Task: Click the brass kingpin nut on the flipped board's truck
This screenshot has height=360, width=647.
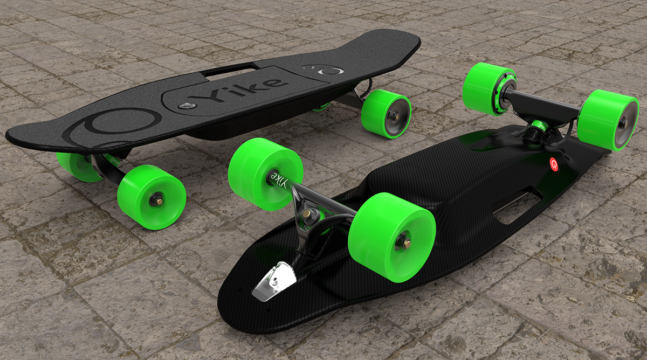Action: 307,214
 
